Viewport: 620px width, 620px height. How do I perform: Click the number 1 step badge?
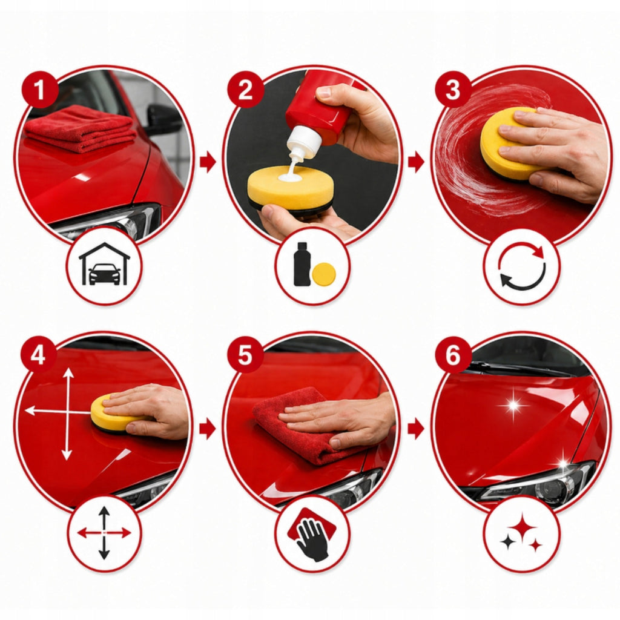40,90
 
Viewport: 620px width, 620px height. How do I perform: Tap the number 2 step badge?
245,90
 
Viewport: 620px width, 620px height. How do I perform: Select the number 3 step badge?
453,90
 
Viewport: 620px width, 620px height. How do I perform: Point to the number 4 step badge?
38,355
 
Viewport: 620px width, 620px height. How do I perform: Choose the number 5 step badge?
245,355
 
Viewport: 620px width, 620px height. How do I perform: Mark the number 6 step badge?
453,355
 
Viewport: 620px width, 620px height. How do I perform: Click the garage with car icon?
104,264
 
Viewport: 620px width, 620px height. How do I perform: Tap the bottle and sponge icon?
314,264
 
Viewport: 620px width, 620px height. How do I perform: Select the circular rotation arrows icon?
522,265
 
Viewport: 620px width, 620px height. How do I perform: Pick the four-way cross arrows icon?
104,532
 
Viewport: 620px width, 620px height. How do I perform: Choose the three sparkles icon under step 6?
522,533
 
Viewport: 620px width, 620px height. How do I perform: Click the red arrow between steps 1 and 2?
208,162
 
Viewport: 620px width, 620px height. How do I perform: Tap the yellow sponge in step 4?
113,414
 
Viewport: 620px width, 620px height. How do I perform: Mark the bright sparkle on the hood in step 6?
514,405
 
